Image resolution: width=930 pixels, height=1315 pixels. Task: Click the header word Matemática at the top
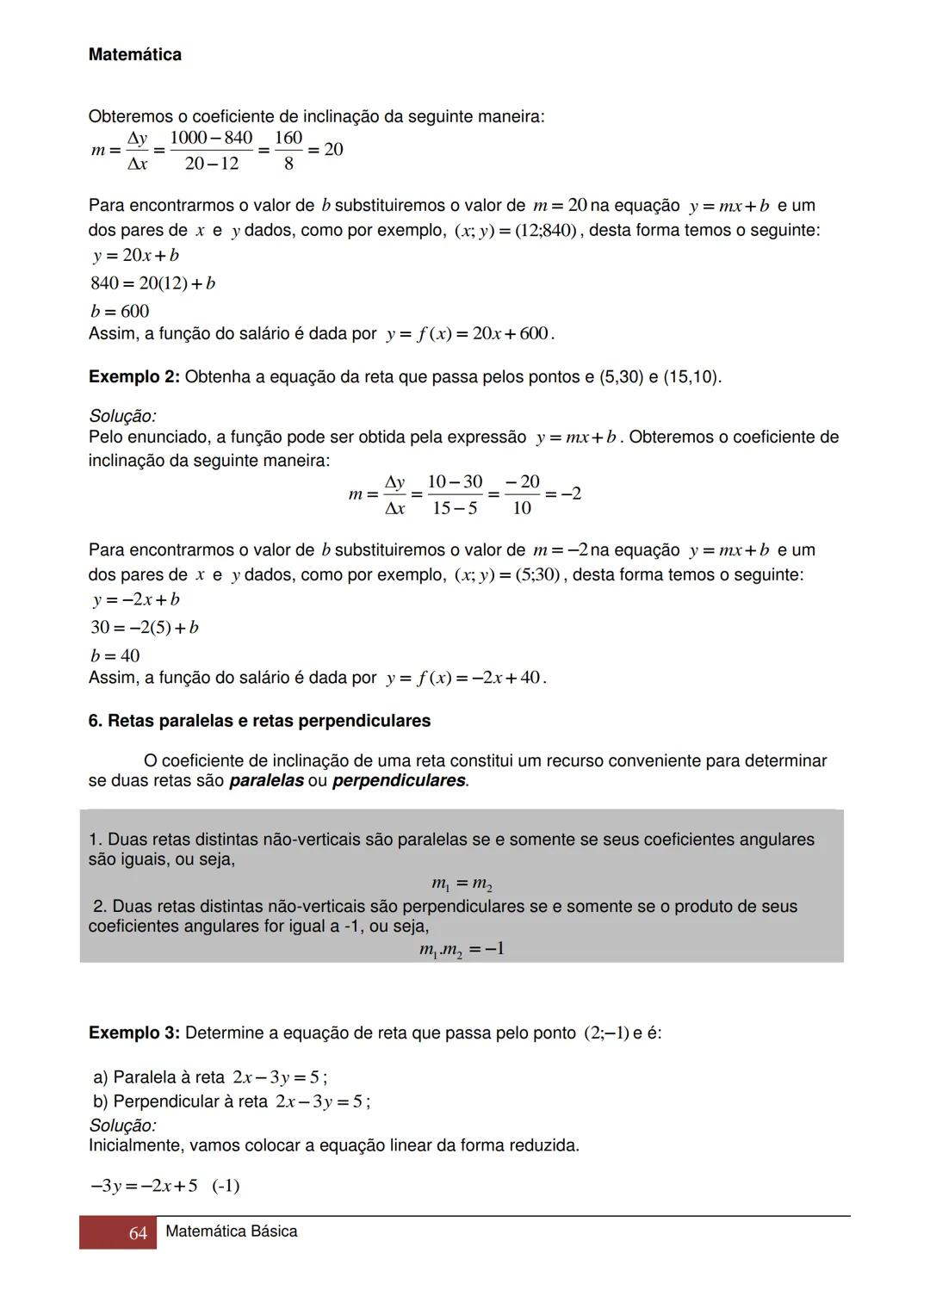[134, 55]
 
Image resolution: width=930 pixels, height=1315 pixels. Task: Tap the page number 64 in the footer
[138, 1233]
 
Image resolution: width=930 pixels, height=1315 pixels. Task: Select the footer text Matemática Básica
[231, 1231]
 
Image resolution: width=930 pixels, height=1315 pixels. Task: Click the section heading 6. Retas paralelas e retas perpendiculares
[259, 721]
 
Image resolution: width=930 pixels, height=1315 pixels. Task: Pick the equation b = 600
[120, 311]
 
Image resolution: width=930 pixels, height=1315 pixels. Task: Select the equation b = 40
[115, 655]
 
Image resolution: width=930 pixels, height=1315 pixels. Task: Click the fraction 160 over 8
[288, 150]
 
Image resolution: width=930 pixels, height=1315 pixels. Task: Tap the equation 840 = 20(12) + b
[152, 283]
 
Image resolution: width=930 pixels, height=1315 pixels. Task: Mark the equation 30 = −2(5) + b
[145, 628]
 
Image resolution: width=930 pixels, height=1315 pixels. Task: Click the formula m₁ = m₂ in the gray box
[462, 884]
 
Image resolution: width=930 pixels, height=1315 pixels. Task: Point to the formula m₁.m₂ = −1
[462, 949]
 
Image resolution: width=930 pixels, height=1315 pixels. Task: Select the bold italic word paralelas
[266, 781]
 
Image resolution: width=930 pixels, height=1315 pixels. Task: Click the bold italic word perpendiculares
[399, 781]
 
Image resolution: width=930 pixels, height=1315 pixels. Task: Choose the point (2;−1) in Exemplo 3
[605, 1033]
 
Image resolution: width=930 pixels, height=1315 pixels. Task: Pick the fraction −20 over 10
[522, 494]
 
